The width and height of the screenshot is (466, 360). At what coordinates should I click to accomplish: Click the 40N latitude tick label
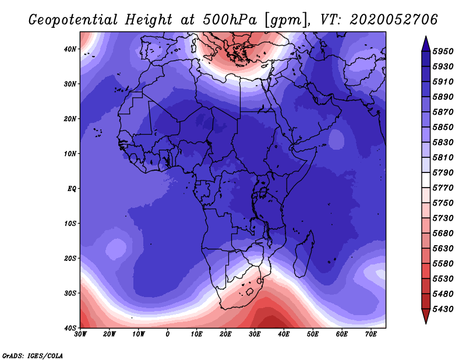70,49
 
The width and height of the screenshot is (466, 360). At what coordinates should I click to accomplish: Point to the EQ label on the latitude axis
72,189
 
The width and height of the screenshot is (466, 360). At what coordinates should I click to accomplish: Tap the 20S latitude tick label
70,258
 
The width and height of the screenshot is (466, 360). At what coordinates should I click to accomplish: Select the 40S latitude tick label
70,328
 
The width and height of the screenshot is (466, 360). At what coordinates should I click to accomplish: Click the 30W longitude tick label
80,334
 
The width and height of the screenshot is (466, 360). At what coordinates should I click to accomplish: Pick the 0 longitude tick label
168,334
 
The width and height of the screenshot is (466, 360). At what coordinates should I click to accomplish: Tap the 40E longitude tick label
284,334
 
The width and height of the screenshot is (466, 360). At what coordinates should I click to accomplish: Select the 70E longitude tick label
371,334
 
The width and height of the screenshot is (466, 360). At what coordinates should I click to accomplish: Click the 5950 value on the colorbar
443,51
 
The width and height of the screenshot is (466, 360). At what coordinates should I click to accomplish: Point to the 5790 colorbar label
443,172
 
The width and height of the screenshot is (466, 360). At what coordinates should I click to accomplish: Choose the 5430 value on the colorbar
443,309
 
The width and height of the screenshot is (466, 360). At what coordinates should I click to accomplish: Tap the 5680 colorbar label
443,234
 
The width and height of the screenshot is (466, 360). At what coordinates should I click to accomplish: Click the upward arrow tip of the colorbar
426,37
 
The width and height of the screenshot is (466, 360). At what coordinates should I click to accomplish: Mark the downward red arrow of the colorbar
426,316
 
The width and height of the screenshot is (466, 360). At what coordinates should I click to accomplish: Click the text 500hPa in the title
230,20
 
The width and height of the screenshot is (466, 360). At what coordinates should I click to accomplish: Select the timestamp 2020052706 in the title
394,20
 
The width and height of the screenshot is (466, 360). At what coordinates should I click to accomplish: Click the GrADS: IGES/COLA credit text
33,355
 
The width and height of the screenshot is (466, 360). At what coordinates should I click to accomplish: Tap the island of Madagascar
305,254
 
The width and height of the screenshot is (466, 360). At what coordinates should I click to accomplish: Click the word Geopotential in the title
73,20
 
